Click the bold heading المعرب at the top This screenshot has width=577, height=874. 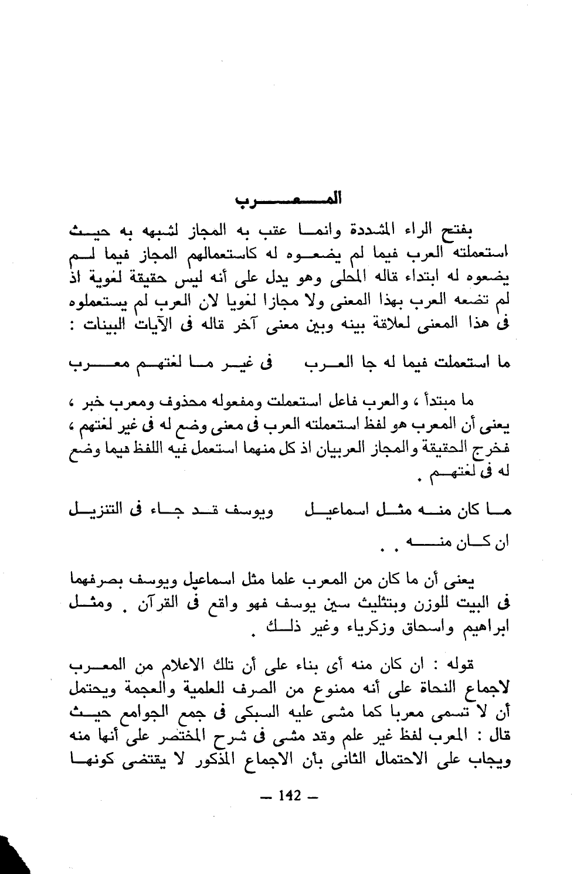288,200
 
